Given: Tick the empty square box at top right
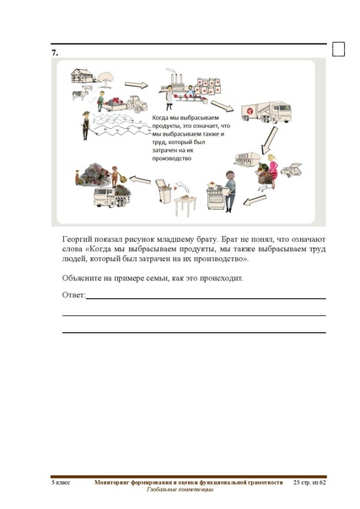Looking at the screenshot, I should click(x=339, y=48).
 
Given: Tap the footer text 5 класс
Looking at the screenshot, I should click(x=60, y=482).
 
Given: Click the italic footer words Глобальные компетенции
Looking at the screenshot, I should click(x=180, y=490).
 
